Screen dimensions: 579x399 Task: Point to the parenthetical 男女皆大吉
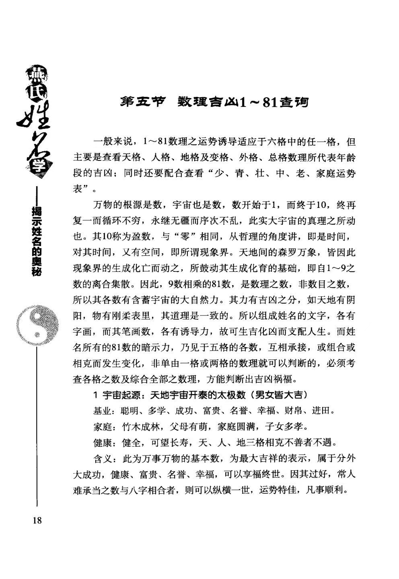click(x=278, y=396)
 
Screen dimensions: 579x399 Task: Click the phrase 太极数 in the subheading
click(x=232, y=396)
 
